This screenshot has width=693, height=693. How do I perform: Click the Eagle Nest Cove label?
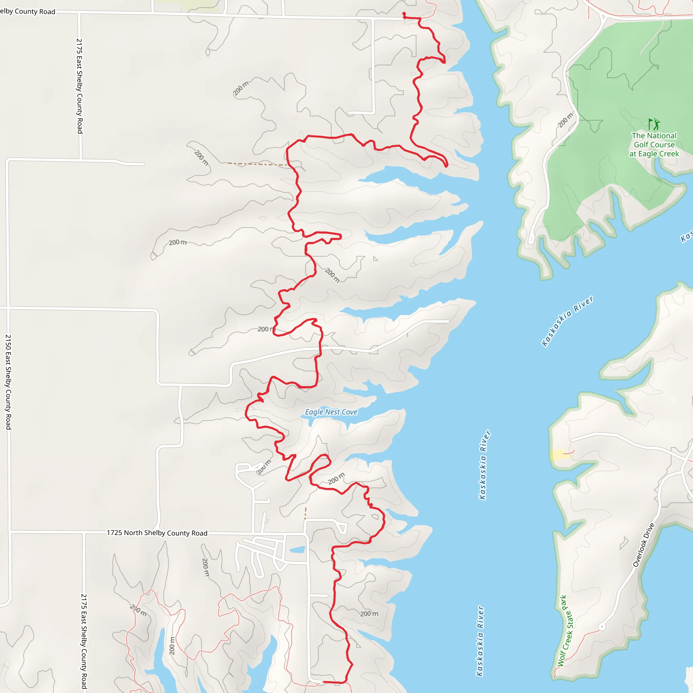click(331, 412)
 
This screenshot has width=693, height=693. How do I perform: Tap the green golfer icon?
click(654, 124)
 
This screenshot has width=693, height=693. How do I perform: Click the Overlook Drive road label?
click(644, 545)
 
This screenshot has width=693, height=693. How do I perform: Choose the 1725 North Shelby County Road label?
click(157, 533)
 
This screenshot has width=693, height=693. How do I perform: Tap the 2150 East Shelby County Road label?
click(8, 382)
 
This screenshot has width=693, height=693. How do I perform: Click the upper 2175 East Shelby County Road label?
click(79, 86)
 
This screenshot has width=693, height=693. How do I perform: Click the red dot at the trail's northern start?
click(404, 14)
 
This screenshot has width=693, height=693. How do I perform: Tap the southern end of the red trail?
click(323, 682)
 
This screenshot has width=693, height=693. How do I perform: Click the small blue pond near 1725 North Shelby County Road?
click(297, 550)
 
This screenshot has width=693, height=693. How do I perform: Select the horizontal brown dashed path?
click(257, 164)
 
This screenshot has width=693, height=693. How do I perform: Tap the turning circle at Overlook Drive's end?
click(602, 627)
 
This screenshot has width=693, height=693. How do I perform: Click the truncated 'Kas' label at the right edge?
click(687, 237)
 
